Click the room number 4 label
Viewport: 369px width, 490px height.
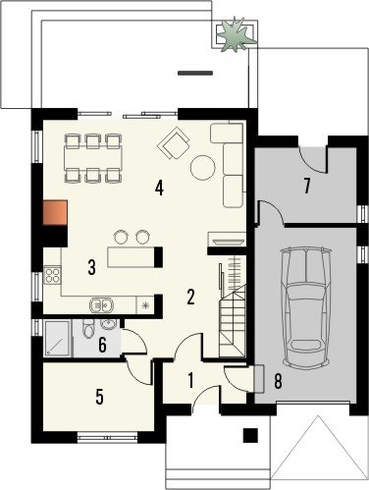point(159,189)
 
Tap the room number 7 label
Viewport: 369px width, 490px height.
point(306,187)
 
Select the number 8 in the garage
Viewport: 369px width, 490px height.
point(278,382)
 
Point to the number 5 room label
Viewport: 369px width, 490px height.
point(100,397)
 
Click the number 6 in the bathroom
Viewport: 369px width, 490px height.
point(102,345)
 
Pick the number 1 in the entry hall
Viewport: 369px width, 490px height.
point(190,381)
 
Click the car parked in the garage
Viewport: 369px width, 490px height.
point(306,306)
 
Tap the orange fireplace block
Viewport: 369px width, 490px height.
point(55,213)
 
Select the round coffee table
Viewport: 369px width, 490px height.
point(203,167)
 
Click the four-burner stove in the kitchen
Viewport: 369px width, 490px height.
point(53,275)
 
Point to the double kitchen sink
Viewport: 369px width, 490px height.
point(101,305)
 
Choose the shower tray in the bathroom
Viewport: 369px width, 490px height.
point(57,339)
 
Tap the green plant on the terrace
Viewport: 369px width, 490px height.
point(237,34)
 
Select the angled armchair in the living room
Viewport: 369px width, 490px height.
point(174,143)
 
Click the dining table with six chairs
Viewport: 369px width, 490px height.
point(93,158)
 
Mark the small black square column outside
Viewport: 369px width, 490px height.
point(250,435)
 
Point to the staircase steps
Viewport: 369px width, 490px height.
point(233,314)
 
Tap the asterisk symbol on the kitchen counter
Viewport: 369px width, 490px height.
point(145,305)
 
